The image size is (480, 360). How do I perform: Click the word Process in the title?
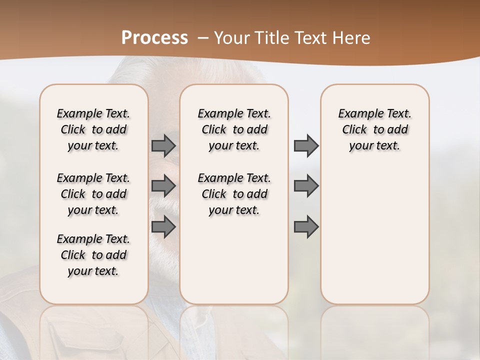(154, 38)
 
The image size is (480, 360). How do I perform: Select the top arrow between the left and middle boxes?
(163, 146)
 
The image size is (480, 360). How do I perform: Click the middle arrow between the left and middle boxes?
(163, 186)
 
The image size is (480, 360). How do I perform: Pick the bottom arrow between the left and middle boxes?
(163, 226)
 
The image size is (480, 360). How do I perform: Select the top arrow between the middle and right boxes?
(306, 146)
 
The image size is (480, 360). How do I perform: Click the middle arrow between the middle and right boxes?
(306, 186)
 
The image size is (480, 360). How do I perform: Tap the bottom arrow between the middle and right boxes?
(306, 226)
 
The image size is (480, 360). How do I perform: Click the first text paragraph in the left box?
(93, 129)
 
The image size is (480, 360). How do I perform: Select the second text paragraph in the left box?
(93, 194)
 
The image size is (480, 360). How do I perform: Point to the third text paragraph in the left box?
(93, 255)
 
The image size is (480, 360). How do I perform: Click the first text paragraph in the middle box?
(234, 129)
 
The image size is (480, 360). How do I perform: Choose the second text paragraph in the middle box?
(234, 194)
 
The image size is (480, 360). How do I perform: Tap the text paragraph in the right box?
(375, 129)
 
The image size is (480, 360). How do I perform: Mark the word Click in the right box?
(354, 129)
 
